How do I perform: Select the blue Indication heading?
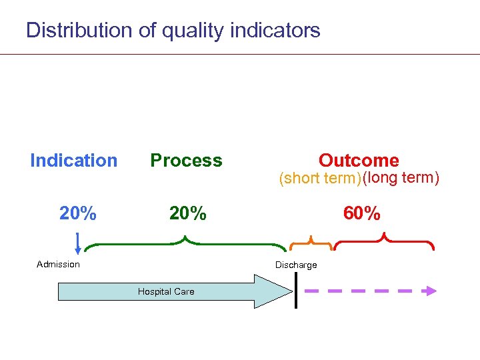pyautogui.click(x=73, y=161)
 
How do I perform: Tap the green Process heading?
pyautogui.click(x=186, y=161)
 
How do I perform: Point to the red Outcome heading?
pyautogui.click(x=359, y=161)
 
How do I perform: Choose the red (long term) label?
pyautogui.click(x=401, y=178)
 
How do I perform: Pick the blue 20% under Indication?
pyautogui.click(x=78, y=214)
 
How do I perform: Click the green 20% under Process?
pyautogui.click(x=187, y=214)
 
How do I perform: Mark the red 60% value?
pyautogui.click(x=362, y=214)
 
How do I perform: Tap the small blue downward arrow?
pyautogui.click(x=78, y=244)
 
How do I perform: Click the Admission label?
pyautogui.click(x=58, y=264)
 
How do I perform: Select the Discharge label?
pyautogui.click(x=296, y=265)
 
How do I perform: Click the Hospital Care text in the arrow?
pyautogui.click(x=166, y=291)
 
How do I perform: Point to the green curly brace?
pyautogui.click(x=187, y=243)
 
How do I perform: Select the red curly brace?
pyautogui.click(x=384, y=242)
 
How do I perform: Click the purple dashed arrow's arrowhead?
pyautogui.click(x=431, y=291)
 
